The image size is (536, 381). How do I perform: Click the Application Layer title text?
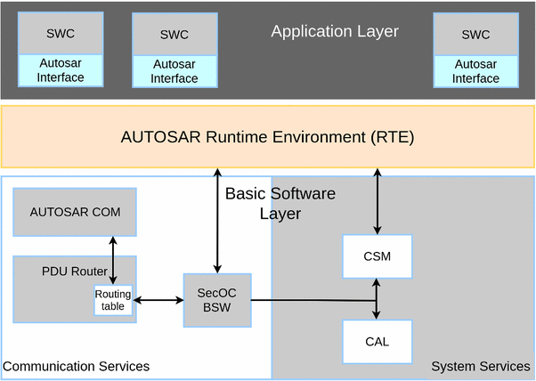pyautogui.click(x=335, y=32)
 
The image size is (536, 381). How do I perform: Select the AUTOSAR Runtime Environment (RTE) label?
pyautogui.click(x=267, y=138)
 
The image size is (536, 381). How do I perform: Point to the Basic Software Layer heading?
pyautogui.click(x=280, y=203)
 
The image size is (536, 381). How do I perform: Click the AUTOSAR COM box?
pyautogui.click(x=75, y=212)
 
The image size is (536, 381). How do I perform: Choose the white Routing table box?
pyautogui.click(x=113, y=300)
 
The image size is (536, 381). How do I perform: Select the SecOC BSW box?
pyautogui.click(x=216, y=300)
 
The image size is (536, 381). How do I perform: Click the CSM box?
pyautogui.click(x=378, y=256)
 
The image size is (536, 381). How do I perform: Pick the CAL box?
pyautogui.click(x=378, y=341)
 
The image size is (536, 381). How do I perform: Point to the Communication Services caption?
pyautogui.click(x=76, y=367)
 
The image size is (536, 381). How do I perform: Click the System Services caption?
pyautogui.click(x=480, y=367)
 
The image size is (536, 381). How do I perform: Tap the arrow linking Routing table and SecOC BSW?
pyautogui.click(x=158, y=301)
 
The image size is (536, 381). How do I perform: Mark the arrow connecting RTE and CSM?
pyautogui.click(x=378, y=201)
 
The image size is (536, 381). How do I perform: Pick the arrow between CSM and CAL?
pyautogui.click(x=378, y=298)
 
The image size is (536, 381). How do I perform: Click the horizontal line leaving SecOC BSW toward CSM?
pyautogui.click(x=312, y=300)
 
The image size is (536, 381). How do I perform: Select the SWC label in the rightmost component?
pyautogui.click(x=475, y=35)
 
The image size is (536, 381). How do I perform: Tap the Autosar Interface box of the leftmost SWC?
pyautogui.click(x=61, y=70)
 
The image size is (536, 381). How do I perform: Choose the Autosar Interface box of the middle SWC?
pyautogui.click(x=175, y=71)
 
